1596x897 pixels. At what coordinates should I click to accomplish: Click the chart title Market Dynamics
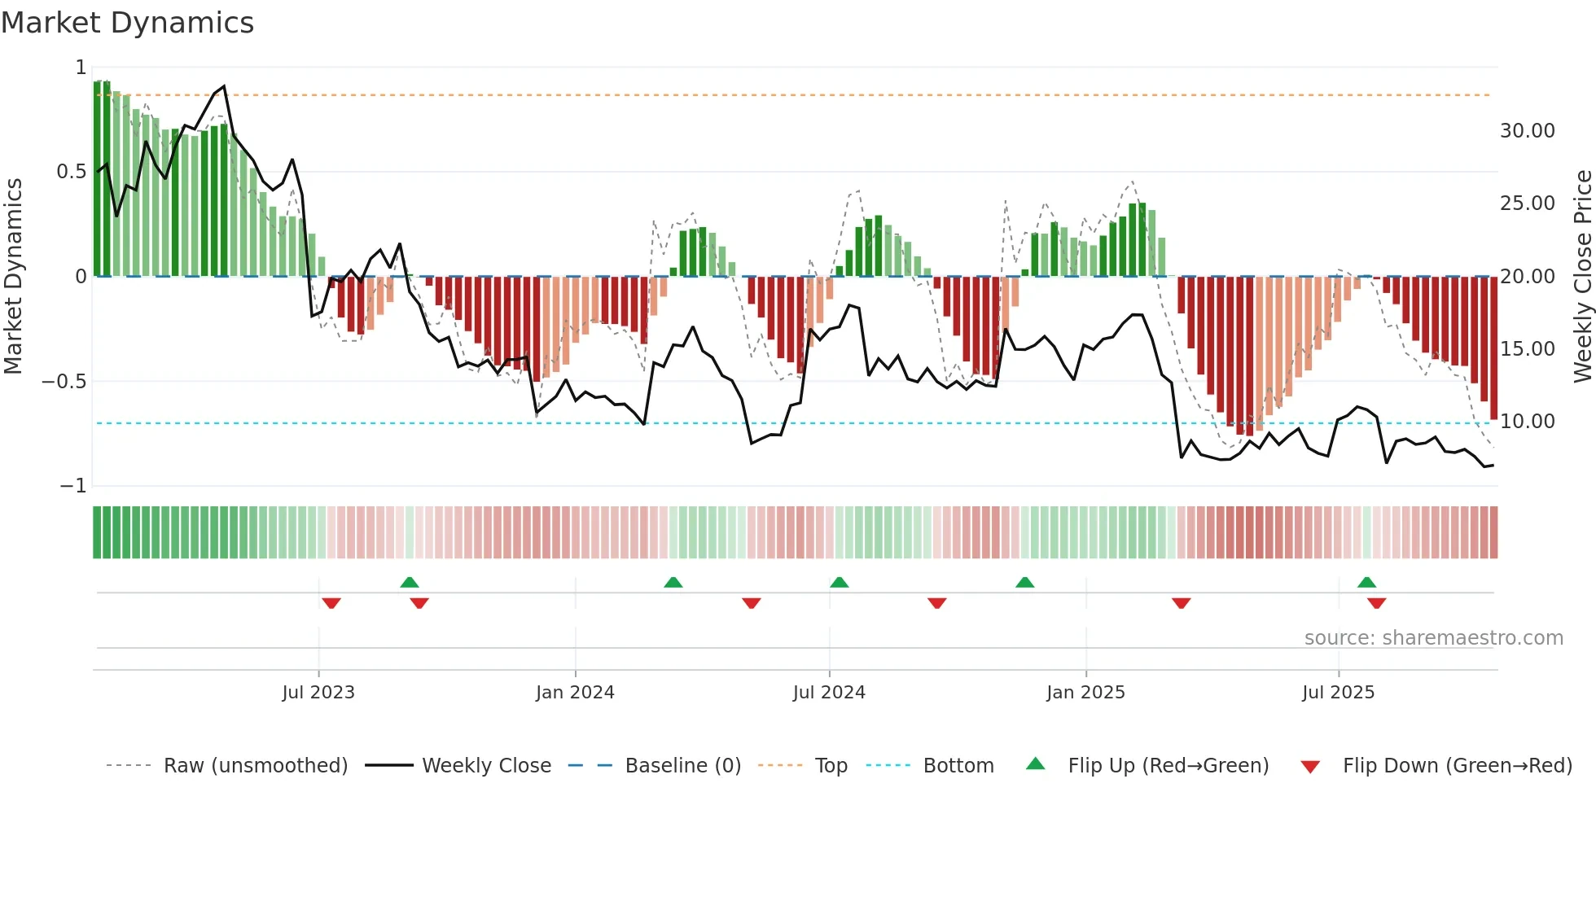point(128,23)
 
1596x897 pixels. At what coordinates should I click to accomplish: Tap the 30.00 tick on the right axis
point(1527,131)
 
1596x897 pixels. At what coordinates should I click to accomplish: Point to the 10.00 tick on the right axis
point(1527,422)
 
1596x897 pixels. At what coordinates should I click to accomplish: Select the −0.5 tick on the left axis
point(64,382)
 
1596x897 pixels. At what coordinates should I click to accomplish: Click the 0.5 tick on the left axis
point(71,172)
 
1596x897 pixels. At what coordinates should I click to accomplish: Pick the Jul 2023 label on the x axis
point(318,693)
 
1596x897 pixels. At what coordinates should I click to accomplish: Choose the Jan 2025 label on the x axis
point(1085,693)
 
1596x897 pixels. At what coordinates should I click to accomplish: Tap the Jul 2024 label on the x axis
point(829,693)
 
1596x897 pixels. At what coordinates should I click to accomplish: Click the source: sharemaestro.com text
point(1433,638)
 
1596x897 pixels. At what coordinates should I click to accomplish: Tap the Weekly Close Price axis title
point(1582,277)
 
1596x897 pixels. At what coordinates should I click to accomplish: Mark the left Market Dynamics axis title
point(13,277)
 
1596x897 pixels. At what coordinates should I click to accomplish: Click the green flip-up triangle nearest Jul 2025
point(1366,583)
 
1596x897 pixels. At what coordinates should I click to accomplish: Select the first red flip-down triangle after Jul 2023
point(331,603)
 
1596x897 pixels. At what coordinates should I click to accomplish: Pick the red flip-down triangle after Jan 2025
point(1181,603)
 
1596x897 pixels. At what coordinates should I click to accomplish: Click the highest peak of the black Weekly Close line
point(224,86)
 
